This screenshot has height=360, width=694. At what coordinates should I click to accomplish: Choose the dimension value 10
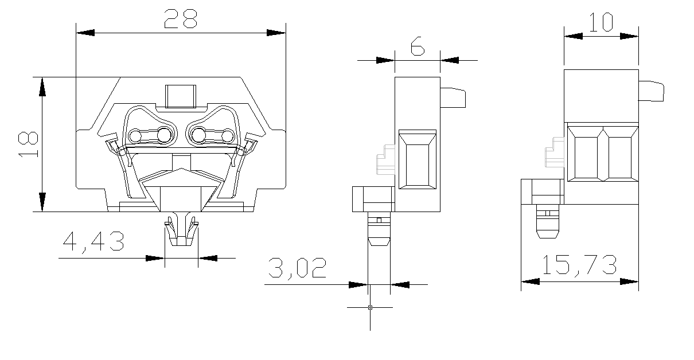601,22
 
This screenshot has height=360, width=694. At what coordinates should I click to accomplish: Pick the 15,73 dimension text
579,265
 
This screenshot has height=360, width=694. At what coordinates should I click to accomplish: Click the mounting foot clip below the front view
181,230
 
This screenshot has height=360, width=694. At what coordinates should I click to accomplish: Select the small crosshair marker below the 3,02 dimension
370,308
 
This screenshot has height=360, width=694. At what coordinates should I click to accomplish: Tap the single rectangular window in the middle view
418,160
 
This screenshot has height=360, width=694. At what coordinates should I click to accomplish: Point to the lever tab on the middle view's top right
453,97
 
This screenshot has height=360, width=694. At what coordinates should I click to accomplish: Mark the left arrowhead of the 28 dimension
85,33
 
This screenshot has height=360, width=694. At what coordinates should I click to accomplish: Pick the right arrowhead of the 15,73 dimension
629,281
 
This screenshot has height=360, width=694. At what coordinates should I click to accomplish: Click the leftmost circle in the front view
135,136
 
